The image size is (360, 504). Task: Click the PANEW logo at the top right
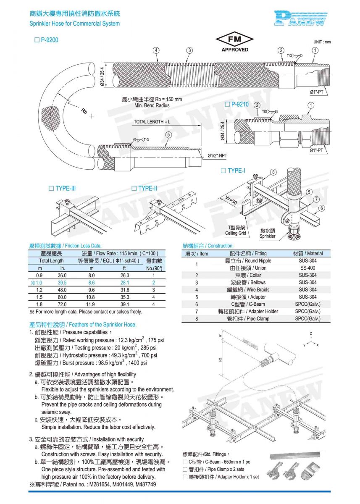click(x=300, y=18)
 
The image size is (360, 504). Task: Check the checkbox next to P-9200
click(x=37, y=40)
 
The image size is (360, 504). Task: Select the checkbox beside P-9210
click(x=227, y=104)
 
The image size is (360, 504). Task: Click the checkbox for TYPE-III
click(x=52, y=188)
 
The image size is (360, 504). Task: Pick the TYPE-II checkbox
click(x=134, y=188)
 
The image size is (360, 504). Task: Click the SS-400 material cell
click(x=308, y=268)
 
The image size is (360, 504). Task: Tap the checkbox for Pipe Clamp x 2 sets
click(x=185, y=469)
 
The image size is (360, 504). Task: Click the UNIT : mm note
click(x=322, y=42)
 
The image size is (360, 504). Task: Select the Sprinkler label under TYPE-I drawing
click(x=267, y=236)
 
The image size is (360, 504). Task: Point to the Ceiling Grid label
click(x=235, y=233)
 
